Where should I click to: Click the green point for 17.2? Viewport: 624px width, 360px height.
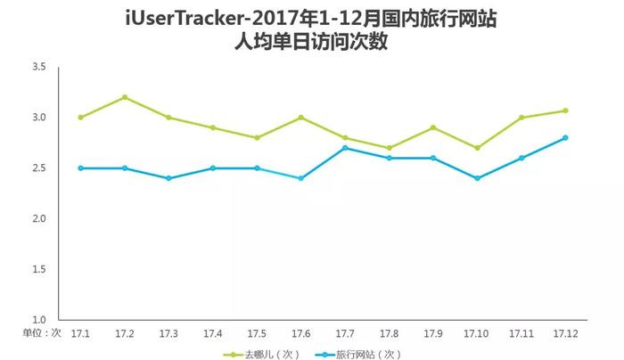(x=124, y=97)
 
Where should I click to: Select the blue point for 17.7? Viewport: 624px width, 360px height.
(x=345, y=148)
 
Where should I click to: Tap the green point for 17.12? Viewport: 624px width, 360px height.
(x=565, y=110)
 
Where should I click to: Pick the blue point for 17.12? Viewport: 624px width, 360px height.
(x=565, y=138)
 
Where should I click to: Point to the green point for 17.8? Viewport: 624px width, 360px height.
(x=389, y=148)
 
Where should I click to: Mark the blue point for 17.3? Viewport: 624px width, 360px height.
(x=168, y=178)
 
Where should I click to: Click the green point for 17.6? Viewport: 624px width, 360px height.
(x=300, y=118)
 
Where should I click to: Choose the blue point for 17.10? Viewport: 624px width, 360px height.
(x=477, y=178)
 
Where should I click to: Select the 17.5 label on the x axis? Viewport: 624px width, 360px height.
(x=257, y=333)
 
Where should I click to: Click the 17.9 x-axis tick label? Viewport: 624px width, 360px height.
(x=433, y=333)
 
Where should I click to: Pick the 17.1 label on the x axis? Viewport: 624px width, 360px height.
(x=80, y=333)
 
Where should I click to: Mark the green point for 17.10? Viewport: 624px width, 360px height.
(x=477, y=148)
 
